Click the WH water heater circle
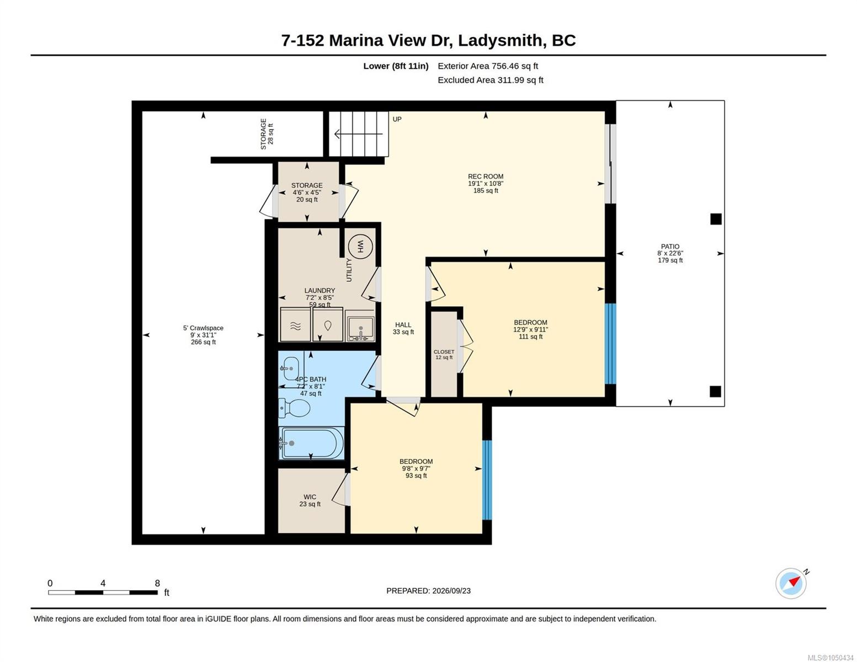click(x=360, y=247)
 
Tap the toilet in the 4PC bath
click(x=294, y=408)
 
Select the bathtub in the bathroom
click(x=311, y=443)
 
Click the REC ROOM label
click(x=486, y=176)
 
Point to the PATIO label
click(x=670, y=247)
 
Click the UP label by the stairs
click(x=397, y=119)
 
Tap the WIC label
click(x=310, y=497)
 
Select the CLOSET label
click(x=444, y=352)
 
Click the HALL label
click(x=403, y=324)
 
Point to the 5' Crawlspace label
click(x=203, y=328)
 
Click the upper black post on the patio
click(x=716, y=219)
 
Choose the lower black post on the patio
click(x=715, y=392)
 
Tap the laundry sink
click(x=360, y=326)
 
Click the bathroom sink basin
click(x=291, y=368)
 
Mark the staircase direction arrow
click(x=358, y=134)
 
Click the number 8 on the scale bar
click(x=157, y=583)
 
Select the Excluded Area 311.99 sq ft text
click(x=490, y=80)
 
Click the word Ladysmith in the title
click(x=499, y=41)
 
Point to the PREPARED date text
click(x=428, y=591)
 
